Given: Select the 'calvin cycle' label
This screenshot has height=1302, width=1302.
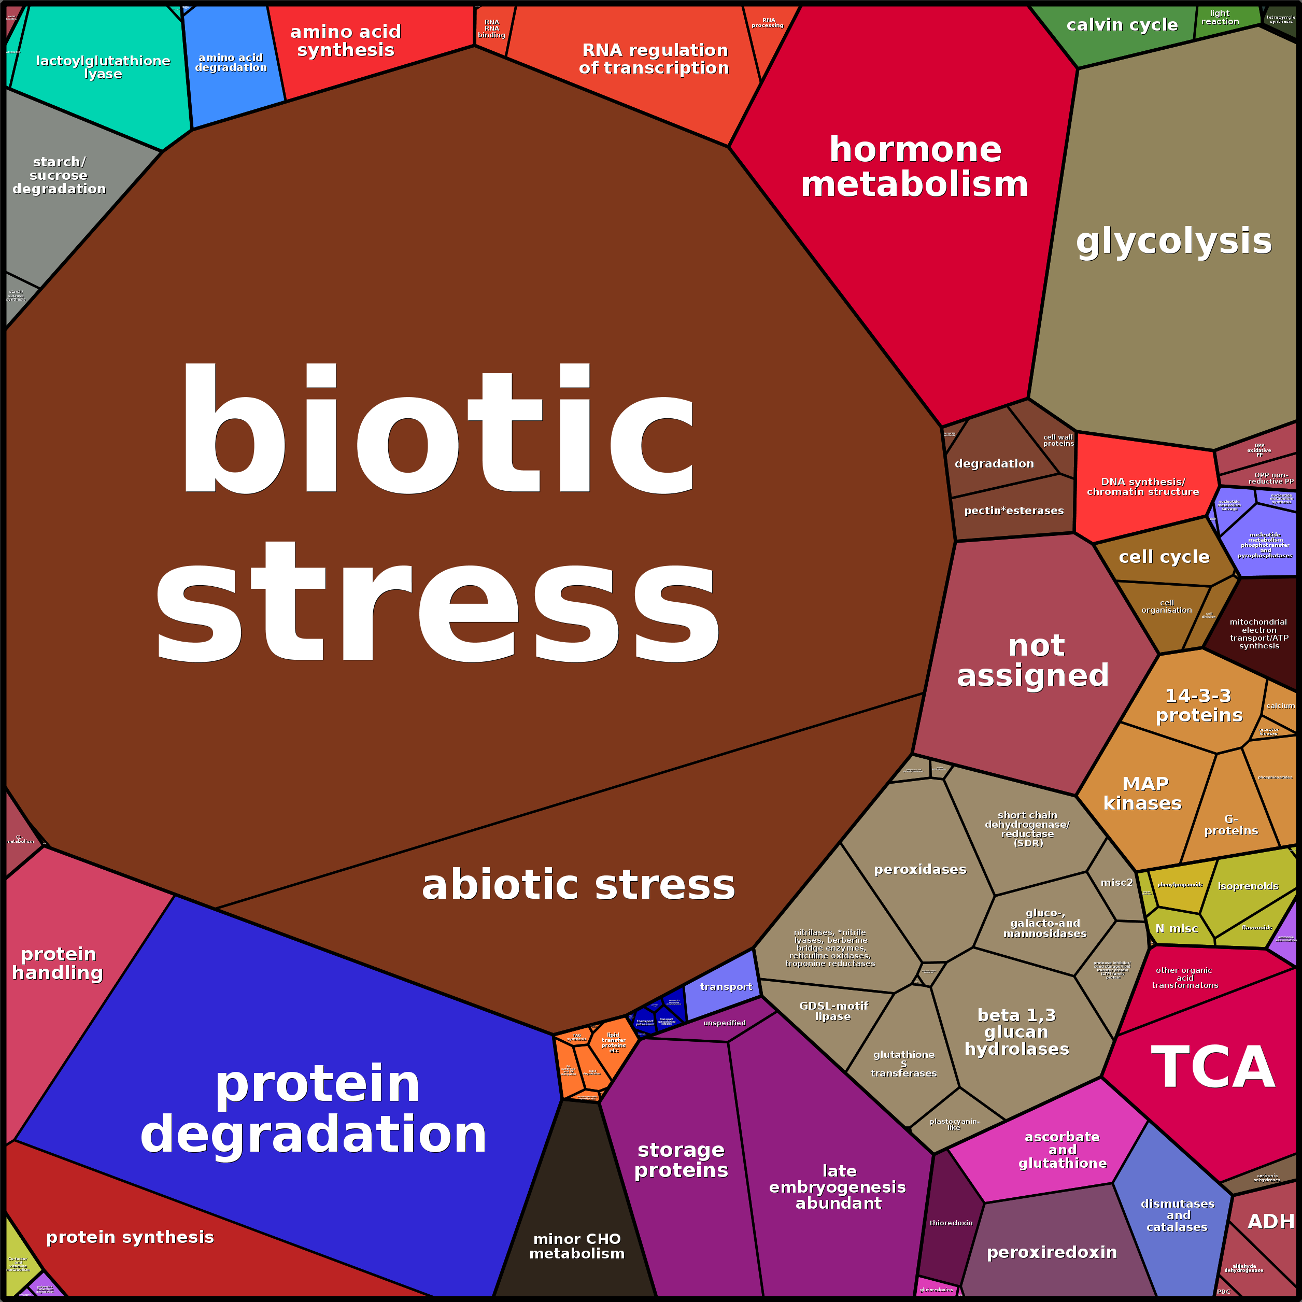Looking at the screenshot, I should coord(1122,25).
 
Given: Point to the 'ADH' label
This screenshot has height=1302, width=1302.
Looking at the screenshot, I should coord(1270,1221).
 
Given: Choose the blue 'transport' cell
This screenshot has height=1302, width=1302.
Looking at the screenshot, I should coord(725,987).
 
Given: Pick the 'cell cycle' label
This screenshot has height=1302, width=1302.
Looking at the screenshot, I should coord(1164,557).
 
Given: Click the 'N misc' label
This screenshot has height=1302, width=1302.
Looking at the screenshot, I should coord(1177,929).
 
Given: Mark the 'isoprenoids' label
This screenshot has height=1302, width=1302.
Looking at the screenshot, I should coord(1248,886).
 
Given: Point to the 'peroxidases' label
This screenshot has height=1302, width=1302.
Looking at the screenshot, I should coord(920,869).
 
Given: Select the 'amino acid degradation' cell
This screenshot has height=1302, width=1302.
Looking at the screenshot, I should coord(231,63).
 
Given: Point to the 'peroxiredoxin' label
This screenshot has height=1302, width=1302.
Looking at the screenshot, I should coord(1051,1252).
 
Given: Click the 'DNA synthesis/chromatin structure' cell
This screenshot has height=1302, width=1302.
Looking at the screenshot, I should coord(1143,487).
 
